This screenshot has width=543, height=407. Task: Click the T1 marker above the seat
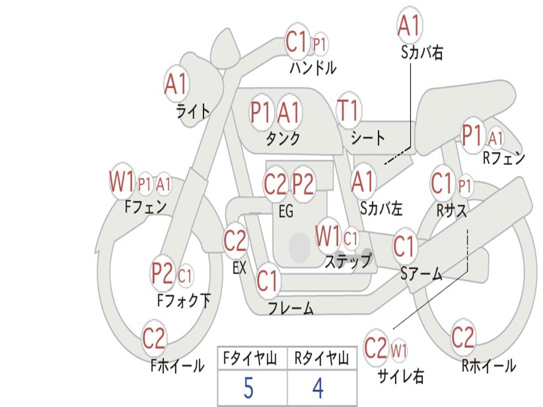[x=349, y=110]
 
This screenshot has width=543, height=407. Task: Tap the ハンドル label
[x=313, y=68]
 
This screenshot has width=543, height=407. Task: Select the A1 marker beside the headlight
[x=177, y=84]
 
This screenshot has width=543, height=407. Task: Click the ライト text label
[x=193, y=111]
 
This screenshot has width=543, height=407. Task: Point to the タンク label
[x=283, y=138]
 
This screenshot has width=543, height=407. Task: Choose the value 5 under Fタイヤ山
[x=248, y=388]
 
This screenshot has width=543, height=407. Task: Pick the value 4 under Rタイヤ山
[x=318, y=388]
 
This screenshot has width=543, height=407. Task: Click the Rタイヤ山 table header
[x=321, y=358]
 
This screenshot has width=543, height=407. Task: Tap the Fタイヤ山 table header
[x=250, y=358]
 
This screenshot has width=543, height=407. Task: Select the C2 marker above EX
[x=235, y=241]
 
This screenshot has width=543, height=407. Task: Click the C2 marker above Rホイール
[x=462, y=337]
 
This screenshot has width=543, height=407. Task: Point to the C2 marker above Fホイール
[x=154, y=338]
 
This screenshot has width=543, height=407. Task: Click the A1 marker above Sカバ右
[x=410, y=25]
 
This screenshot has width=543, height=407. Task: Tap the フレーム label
[x=291, y=308]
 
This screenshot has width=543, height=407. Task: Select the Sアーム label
[x=422, y=273]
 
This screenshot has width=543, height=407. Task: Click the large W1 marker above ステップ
[x=328, y=236]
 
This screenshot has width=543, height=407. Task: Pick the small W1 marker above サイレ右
[x=399, y=350]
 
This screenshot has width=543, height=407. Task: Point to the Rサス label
[x=451, y=210]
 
